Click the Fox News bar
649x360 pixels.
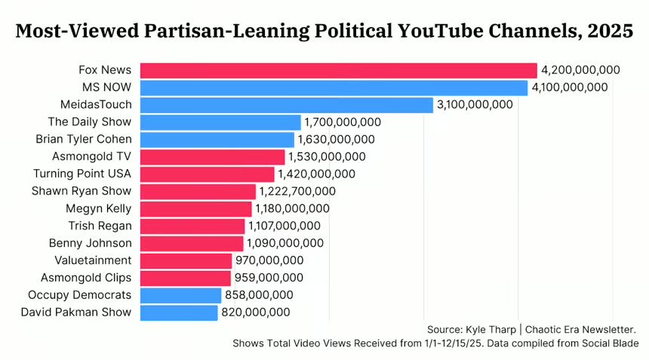click(338, 70)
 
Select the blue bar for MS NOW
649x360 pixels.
click(334, 88)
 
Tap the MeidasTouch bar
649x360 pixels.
click(287, 105)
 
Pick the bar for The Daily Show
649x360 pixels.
click(220, 122)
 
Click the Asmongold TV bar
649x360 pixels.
click(212, 157)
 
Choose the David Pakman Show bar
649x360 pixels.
click(179, 312)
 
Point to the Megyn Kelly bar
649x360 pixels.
click(195, 208)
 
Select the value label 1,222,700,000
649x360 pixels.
click(297, 191)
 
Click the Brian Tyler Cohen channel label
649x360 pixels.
click(84, 140)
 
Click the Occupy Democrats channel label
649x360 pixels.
click(80, 295)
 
